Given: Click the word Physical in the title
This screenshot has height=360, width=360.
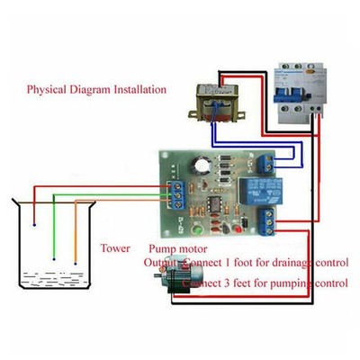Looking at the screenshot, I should pos(47,90).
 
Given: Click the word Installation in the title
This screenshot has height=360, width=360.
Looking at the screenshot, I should pos(137,90).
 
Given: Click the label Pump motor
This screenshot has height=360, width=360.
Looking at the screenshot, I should pos(176,247).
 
